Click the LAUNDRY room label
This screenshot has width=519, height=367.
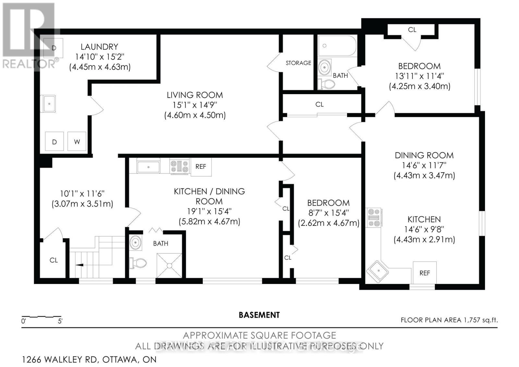pyautogui.click(x=99, y=47)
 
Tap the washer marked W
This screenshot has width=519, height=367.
pyautogui.click(x=77, y=141)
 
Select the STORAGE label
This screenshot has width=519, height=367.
pyautogui.click(x=298, y=63)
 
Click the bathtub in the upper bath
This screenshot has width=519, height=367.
pyautogui.click(x=337, y=46)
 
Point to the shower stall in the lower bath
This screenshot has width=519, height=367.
pyautogui.click(x=169, y=265)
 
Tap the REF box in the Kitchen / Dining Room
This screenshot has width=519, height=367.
pyautogui.click(x=201, y=167)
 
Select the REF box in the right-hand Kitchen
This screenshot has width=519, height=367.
pyautogui.click(x=424, y=273)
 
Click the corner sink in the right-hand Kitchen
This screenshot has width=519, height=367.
pyautogui.click(x=377, y=270)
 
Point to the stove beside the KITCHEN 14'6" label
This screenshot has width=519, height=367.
pyautogui.click(x=374, y=217)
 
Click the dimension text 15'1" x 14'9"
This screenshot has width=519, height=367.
pyautogui.click(x=195, y=105)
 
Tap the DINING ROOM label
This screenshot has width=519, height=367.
pyautogui.click(x=424, y=155)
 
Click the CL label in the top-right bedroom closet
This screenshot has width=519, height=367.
pyautogui.click(x=412, y=30)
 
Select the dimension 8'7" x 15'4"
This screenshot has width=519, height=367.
pyautogui.click(x=328, y=213)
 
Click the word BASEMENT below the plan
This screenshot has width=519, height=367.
pyautogui.click(x=259, y=315)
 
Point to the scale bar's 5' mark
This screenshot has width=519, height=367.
pyautogui.click(x=60, y=321)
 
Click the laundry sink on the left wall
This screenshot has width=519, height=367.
pyautogui.click(x=49, y=104)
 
